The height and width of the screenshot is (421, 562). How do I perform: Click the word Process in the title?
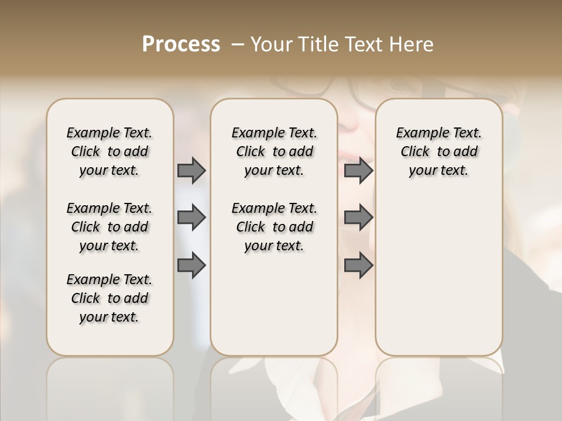[x=181, y=44]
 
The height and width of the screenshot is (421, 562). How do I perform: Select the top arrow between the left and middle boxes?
[x=191, y=171]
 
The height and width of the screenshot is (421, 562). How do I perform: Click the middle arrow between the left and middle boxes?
[x=191, y=218]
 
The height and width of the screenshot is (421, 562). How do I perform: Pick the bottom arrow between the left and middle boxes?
[x=191, y=265]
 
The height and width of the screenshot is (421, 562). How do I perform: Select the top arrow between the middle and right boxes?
[x=358, y=171]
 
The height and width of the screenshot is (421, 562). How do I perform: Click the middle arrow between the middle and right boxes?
[x=358, y=218]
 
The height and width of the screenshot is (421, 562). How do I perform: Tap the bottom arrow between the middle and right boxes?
[x=358, y=265]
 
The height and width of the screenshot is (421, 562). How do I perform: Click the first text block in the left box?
[x=109, y=151]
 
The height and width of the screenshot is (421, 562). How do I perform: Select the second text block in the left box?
[x=109, y=227]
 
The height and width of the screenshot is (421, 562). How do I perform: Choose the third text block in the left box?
[x=109, y=298]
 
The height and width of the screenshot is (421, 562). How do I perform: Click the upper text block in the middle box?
[x=274, y=151]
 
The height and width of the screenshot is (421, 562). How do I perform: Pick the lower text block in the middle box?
[x=274, y=227]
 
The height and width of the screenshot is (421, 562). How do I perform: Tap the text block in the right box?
[x=438, y=151]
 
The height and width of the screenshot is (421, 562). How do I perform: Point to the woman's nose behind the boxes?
[x=351, y=120]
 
